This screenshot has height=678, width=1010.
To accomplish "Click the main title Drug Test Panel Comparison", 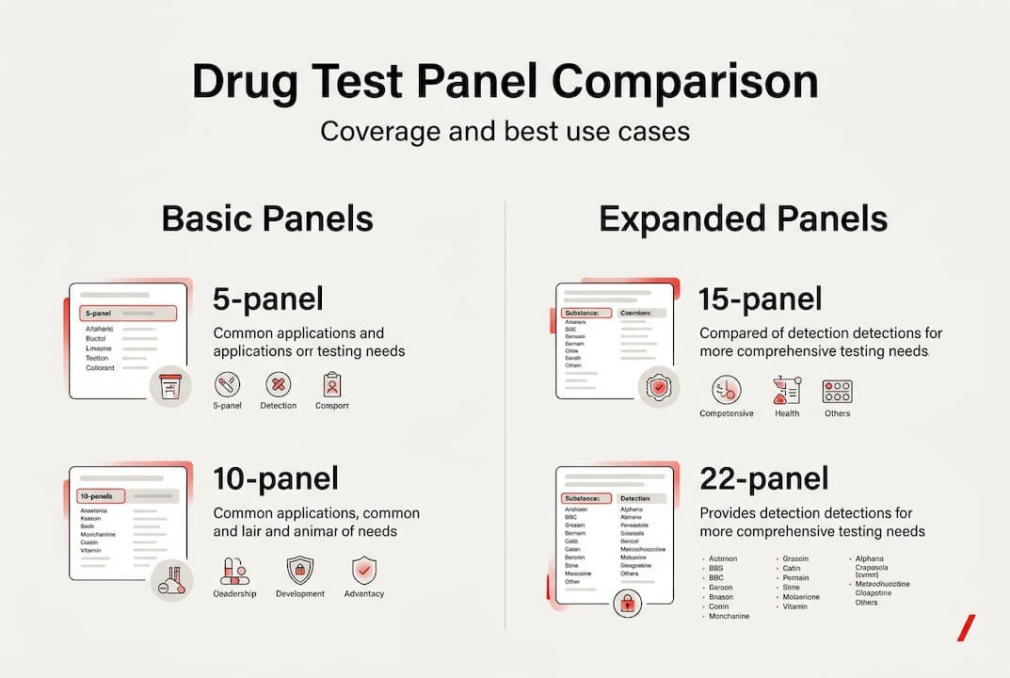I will click(x=505, y=82).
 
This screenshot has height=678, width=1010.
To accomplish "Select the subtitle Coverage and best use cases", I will click(x=505, y=130).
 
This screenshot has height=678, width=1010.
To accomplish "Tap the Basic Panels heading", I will click(x=267, y=218).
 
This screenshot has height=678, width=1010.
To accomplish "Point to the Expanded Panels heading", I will click(x=743, y=218).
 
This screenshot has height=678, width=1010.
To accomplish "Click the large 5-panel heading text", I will click(x=268, y=299).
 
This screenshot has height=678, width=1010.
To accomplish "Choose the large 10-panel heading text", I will click(x=276, y=478).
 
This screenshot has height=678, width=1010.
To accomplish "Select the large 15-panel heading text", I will click(x=761, y=299).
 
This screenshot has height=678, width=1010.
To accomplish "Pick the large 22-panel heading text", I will click(x=764, y=478).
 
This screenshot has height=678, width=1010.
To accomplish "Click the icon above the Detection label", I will click(x=278, y=383).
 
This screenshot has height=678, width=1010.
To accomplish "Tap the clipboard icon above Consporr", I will click(x=331, y=383).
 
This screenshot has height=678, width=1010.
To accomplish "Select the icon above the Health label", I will click(x=786, y=390).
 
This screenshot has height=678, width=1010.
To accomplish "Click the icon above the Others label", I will click(x=837, y=390).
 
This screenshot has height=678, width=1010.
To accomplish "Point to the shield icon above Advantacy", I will click(x=363, y=570).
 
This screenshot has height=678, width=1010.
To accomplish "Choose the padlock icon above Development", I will click(x=299, y=570).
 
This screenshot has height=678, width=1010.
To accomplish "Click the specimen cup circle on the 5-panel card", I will click(x=170, y=387).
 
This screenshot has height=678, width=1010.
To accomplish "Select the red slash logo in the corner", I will click(x=965, y=628).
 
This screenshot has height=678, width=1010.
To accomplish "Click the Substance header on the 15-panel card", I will click(x=585, y=313).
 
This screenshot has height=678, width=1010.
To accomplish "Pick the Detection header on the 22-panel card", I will click(x=642, y=498).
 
